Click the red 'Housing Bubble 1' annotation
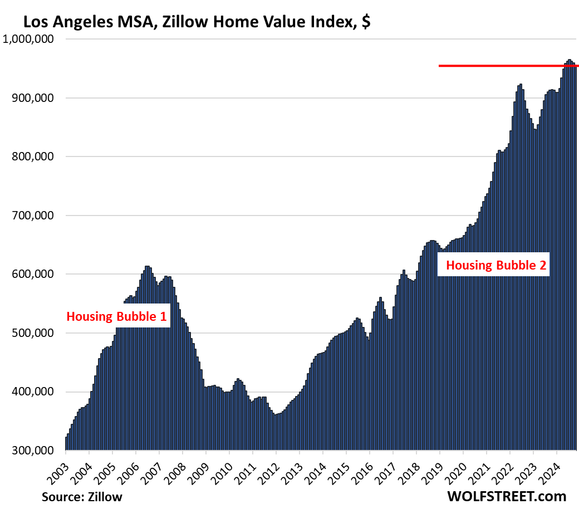[116, 317]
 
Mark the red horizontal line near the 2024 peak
[501, 66]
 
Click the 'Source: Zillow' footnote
[82, 496]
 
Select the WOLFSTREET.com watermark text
[506, 496]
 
